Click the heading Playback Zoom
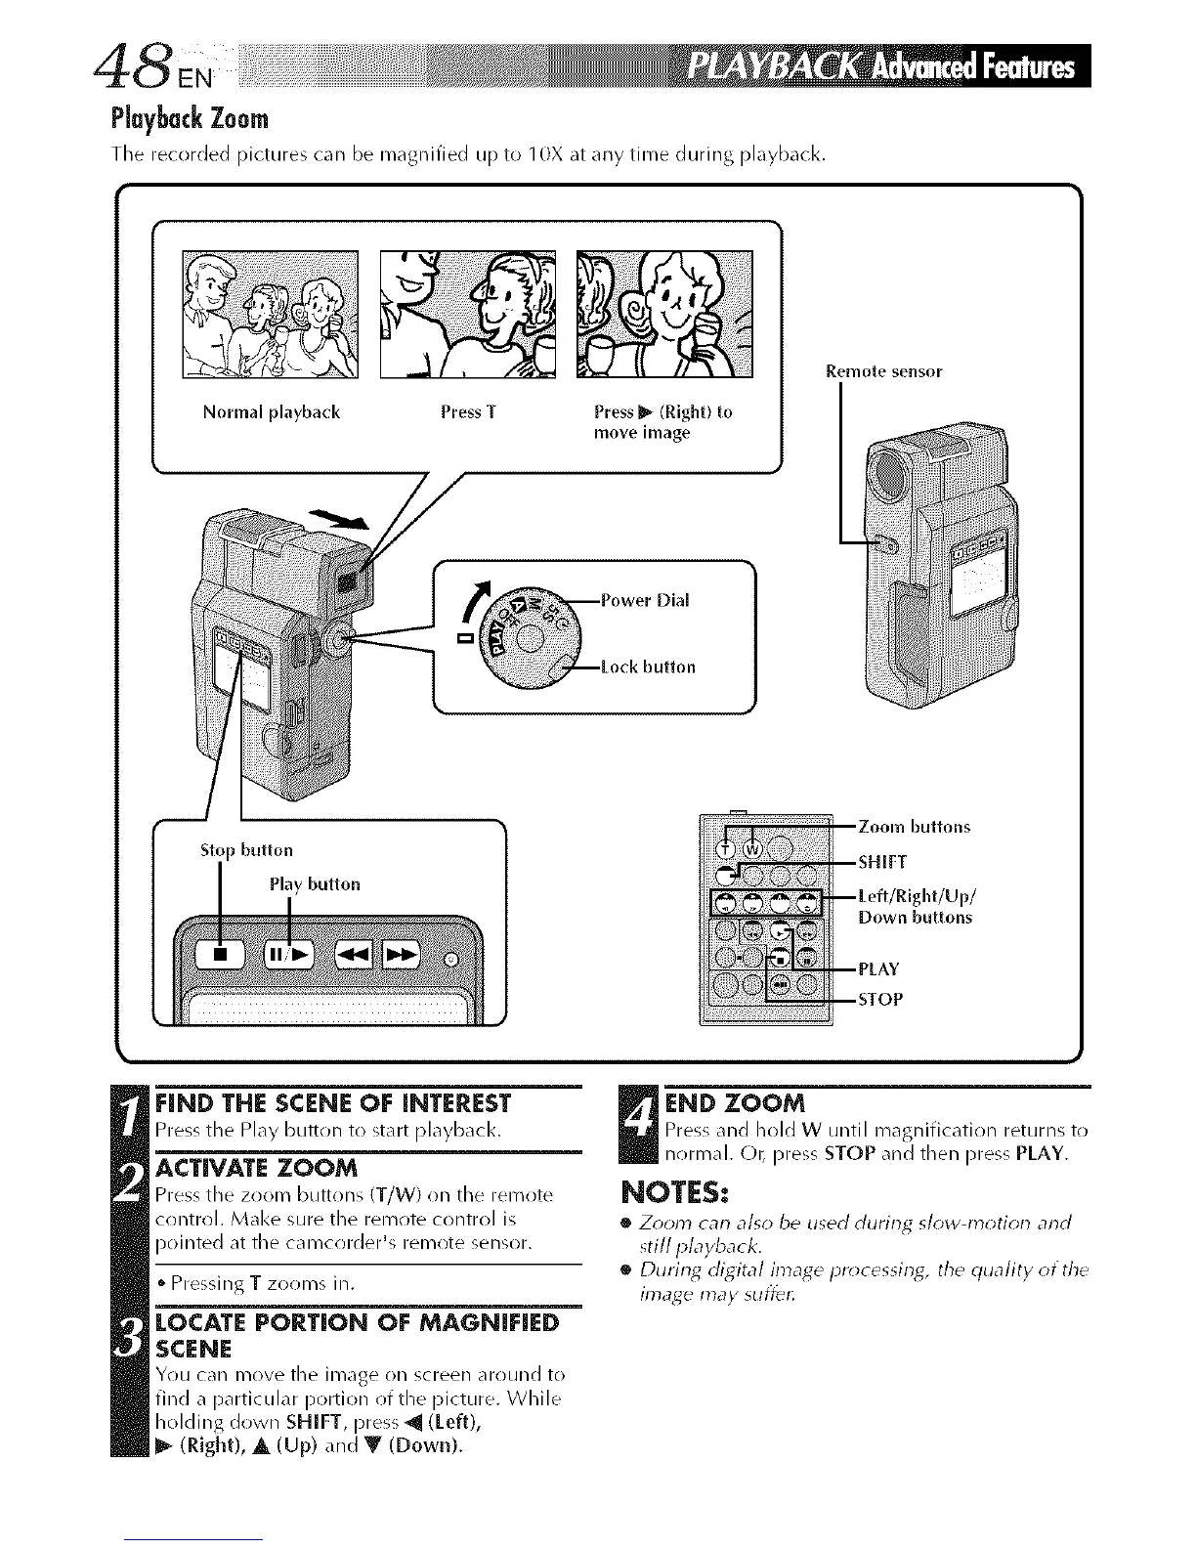[188, 119]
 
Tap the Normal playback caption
[271, 412]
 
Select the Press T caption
[468, 412]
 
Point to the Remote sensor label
[883, 371]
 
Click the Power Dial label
[645, 601]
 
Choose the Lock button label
[648, 667]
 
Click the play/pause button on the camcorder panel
[288, 954]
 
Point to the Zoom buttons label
[914, 828]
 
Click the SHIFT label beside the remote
[882, 862]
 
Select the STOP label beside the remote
[880, 1000]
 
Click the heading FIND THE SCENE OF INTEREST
[332, 1104]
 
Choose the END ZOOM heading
[734, 1104]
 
